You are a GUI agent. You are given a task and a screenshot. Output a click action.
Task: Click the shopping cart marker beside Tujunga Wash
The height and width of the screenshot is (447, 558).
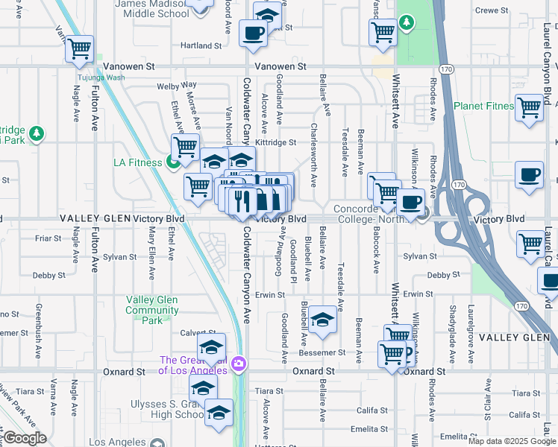pos(78,50)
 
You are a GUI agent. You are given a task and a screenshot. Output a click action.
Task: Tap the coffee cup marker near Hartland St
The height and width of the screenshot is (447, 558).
pos(254,33)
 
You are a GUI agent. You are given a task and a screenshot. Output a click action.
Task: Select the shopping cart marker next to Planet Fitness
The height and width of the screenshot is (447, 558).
pos(529,107)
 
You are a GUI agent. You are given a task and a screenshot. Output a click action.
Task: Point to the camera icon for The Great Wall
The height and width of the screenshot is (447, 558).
pos(239,364)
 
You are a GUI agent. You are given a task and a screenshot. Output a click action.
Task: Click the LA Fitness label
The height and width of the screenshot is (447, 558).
pos(138,162)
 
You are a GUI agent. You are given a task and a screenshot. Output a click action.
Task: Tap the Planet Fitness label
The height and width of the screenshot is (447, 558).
pos(483,106)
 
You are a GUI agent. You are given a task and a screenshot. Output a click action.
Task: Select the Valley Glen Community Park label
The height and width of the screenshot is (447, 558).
pos(151,310)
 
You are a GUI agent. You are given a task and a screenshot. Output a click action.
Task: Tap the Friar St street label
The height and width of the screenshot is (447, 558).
pos(48,238)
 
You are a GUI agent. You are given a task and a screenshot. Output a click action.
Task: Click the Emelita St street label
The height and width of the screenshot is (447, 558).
pos(372,428)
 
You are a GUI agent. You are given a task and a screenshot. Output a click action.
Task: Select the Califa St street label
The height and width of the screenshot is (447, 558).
pos(371,410)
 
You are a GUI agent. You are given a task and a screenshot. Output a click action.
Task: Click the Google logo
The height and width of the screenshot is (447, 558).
pos(25,438)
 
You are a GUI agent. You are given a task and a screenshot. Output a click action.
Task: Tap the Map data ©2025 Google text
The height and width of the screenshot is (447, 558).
pos(512,441)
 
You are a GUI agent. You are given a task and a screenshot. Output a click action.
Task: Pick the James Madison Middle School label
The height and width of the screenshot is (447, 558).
pos(152,8)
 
